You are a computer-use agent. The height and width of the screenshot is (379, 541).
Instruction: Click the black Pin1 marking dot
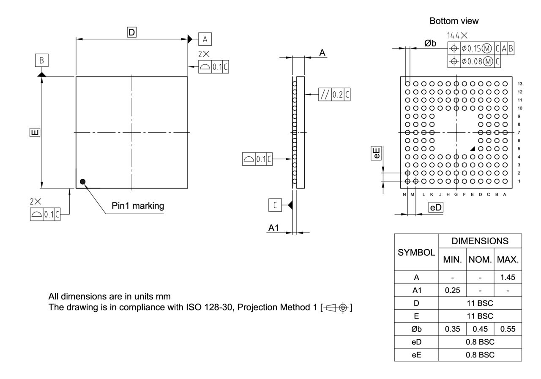coord(82,182)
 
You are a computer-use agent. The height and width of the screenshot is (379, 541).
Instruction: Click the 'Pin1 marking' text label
coord(138,206)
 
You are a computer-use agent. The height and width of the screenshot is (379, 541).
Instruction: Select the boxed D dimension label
coord(132,32)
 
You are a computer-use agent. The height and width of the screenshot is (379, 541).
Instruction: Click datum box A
coord(205,39)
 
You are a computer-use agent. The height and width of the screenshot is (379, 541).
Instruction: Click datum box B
coord(41,60)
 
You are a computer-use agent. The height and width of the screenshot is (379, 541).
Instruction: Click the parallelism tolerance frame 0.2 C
coord(334,95)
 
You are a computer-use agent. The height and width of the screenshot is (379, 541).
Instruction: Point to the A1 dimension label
coord(274,228)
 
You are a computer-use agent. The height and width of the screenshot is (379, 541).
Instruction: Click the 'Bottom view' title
coord(454,21)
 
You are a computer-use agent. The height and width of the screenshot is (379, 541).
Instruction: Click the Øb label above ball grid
coord(430,44)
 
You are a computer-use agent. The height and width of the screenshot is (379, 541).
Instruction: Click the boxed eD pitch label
coord(435,207)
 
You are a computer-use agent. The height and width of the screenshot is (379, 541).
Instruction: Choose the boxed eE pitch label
coord(376,153)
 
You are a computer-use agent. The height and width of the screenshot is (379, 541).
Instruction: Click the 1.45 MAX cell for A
coord(507,278)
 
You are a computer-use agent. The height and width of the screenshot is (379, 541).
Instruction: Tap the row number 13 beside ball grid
coord(520,84)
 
